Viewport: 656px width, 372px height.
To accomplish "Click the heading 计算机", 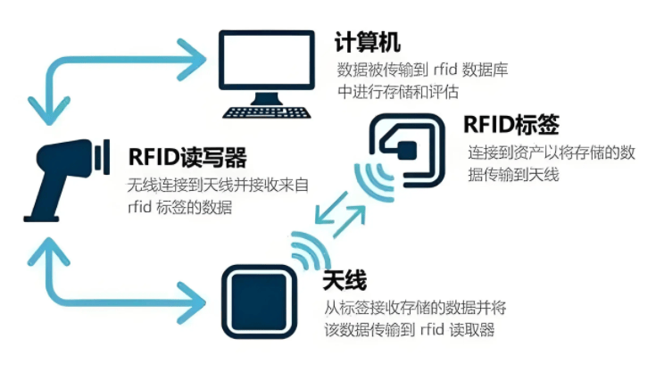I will pos(367,41).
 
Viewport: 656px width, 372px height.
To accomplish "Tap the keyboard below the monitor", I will pos(266,112).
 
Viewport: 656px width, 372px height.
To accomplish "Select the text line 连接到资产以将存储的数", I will pos(551,153).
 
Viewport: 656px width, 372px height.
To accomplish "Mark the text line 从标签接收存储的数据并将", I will pos(415,309).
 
